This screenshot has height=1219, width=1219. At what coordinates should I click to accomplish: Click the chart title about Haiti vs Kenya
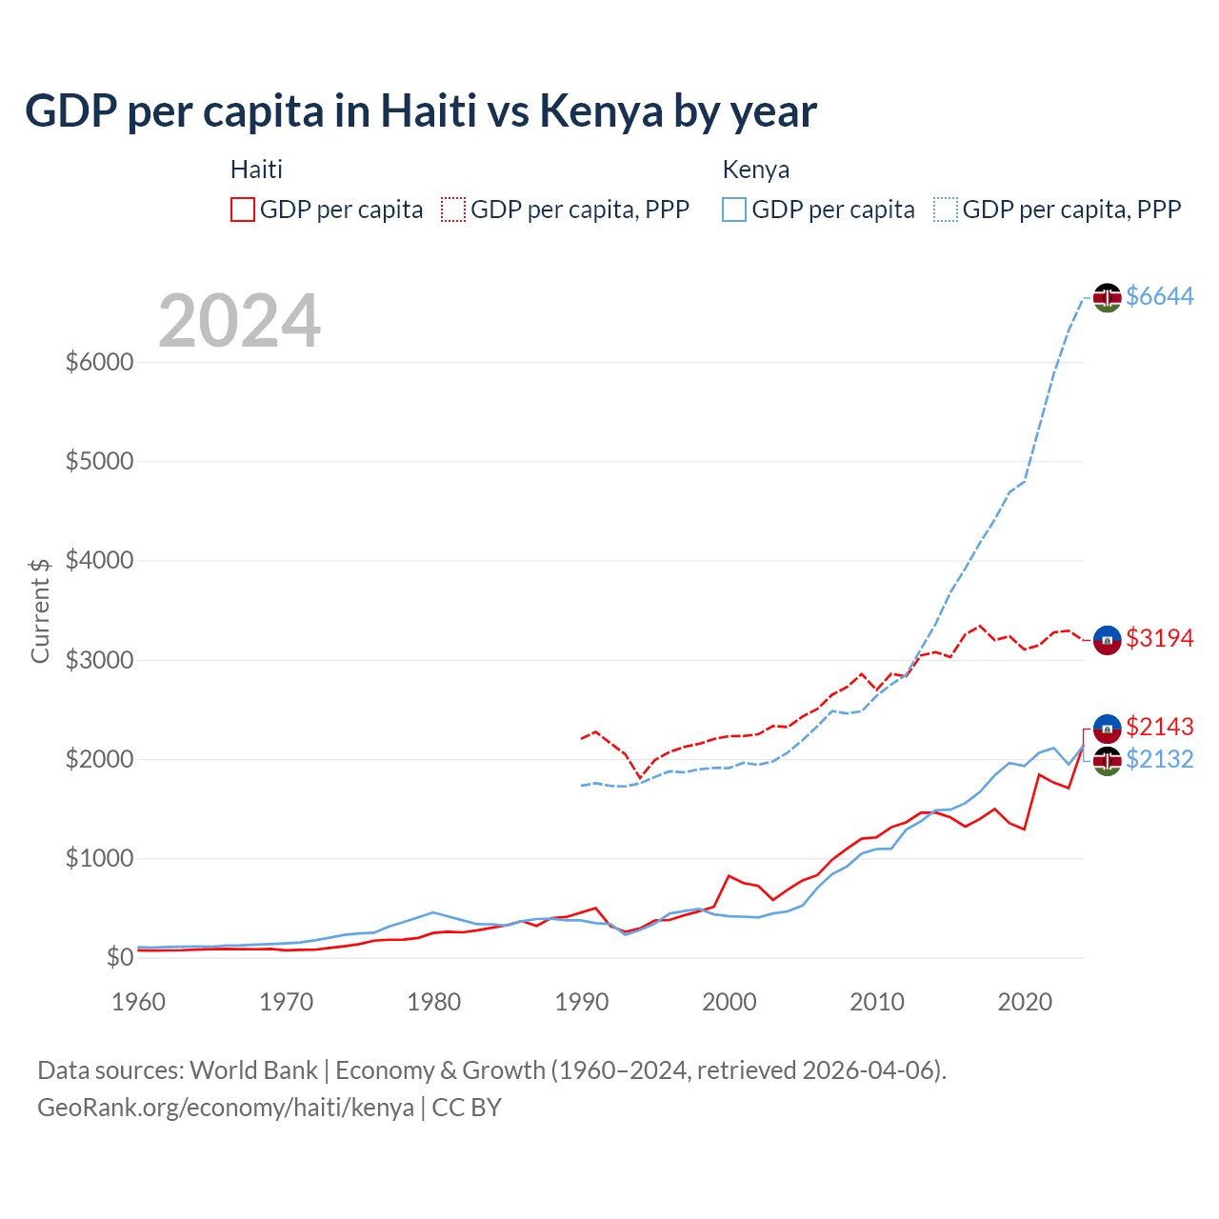420,111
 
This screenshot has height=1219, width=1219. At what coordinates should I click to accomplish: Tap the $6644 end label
1159,296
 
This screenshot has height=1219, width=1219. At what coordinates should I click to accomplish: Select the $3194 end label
1159,638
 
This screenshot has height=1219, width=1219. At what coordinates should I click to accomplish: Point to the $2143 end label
1159,727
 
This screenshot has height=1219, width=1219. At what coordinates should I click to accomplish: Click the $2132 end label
1159,759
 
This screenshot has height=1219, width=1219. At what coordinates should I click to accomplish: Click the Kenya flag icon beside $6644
1107,297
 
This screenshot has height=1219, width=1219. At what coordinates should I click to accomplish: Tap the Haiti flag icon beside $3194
1107,640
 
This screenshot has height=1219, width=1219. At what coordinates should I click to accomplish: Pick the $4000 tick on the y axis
99,560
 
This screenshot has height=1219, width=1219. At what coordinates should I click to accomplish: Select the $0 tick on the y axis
119,957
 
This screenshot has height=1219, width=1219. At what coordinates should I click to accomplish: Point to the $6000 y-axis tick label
99,362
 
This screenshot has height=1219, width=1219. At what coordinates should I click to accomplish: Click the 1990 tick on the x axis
582,1002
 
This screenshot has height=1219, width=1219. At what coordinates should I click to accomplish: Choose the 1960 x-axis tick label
139,1002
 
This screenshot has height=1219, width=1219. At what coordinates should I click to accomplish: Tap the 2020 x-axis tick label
1025,1002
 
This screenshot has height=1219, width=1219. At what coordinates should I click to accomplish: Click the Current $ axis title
40,610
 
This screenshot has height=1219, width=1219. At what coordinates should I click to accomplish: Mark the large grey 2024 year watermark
239,321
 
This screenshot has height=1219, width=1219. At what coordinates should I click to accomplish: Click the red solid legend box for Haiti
243,210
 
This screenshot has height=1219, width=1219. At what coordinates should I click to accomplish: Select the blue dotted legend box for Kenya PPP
946,210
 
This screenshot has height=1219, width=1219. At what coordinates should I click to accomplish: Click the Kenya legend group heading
755,170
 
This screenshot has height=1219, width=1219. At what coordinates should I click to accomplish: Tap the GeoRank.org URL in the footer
226,1108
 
